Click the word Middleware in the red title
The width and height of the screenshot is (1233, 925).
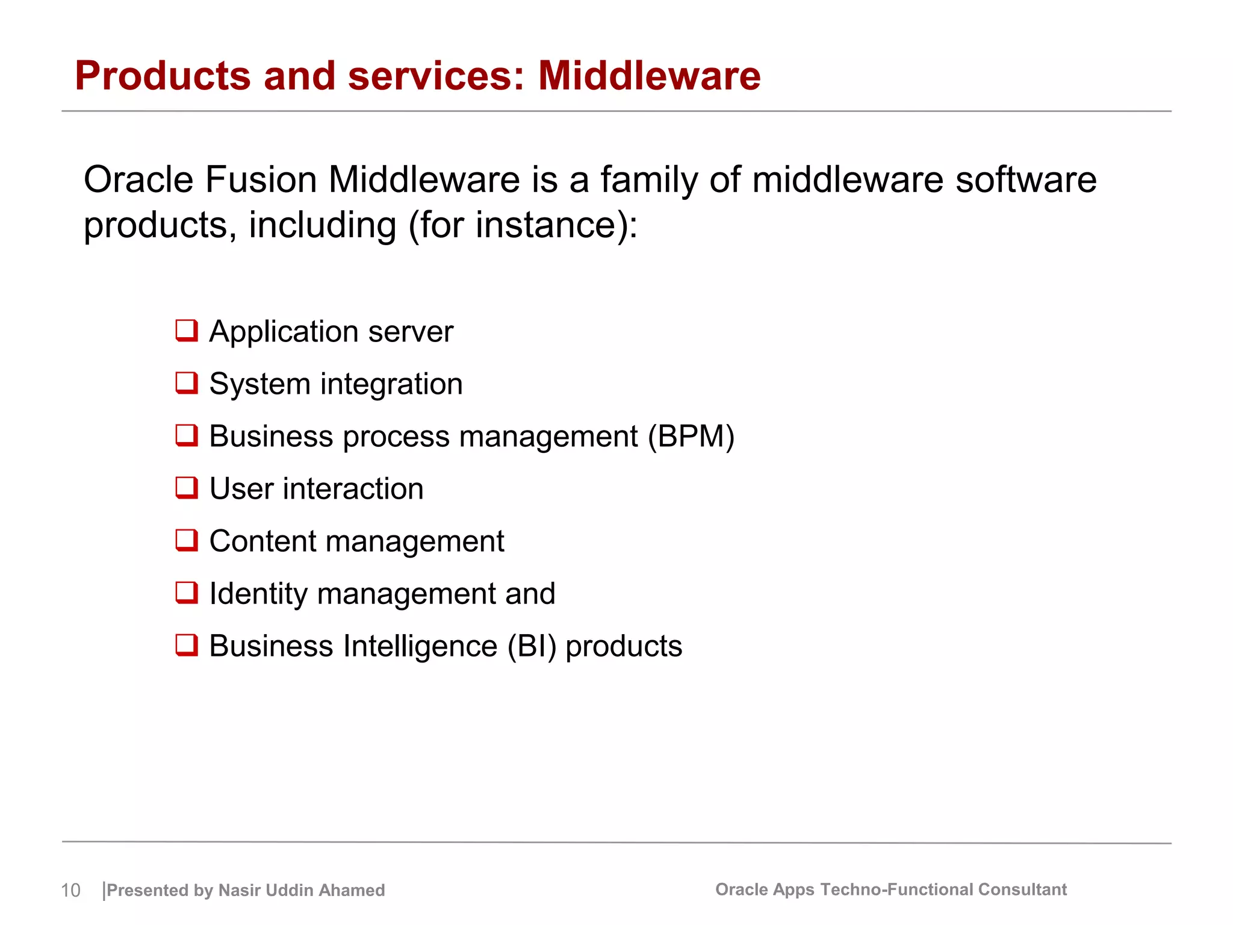pyautogui.click(x=649, y=76)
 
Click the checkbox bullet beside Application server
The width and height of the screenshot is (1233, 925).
pyautogui.click(x=187, y=331)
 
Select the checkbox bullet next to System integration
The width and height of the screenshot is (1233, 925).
pyautogui.click(x=187, y=383)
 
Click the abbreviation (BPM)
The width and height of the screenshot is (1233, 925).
pyautogui.click(x=691, y=436)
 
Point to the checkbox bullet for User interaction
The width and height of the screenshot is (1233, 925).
pyautogui.click(x=187, y=488)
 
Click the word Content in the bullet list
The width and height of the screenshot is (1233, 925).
pyautogui.click(x=262, y=541)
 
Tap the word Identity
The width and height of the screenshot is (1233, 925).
pyautogui.click(x=258, y=594)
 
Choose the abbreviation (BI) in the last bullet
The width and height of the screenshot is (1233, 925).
pyautogui.click(x=532, y=646)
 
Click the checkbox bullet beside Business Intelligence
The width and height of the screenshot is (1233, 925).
pyautogui.click(x=187, y=645)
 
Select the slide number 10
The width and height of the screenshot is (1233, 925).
pyautogui.click(x=70, y=890)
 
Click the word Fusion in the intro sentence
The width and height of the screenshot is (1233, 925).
pyautogui.click(x=261, y=180)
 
